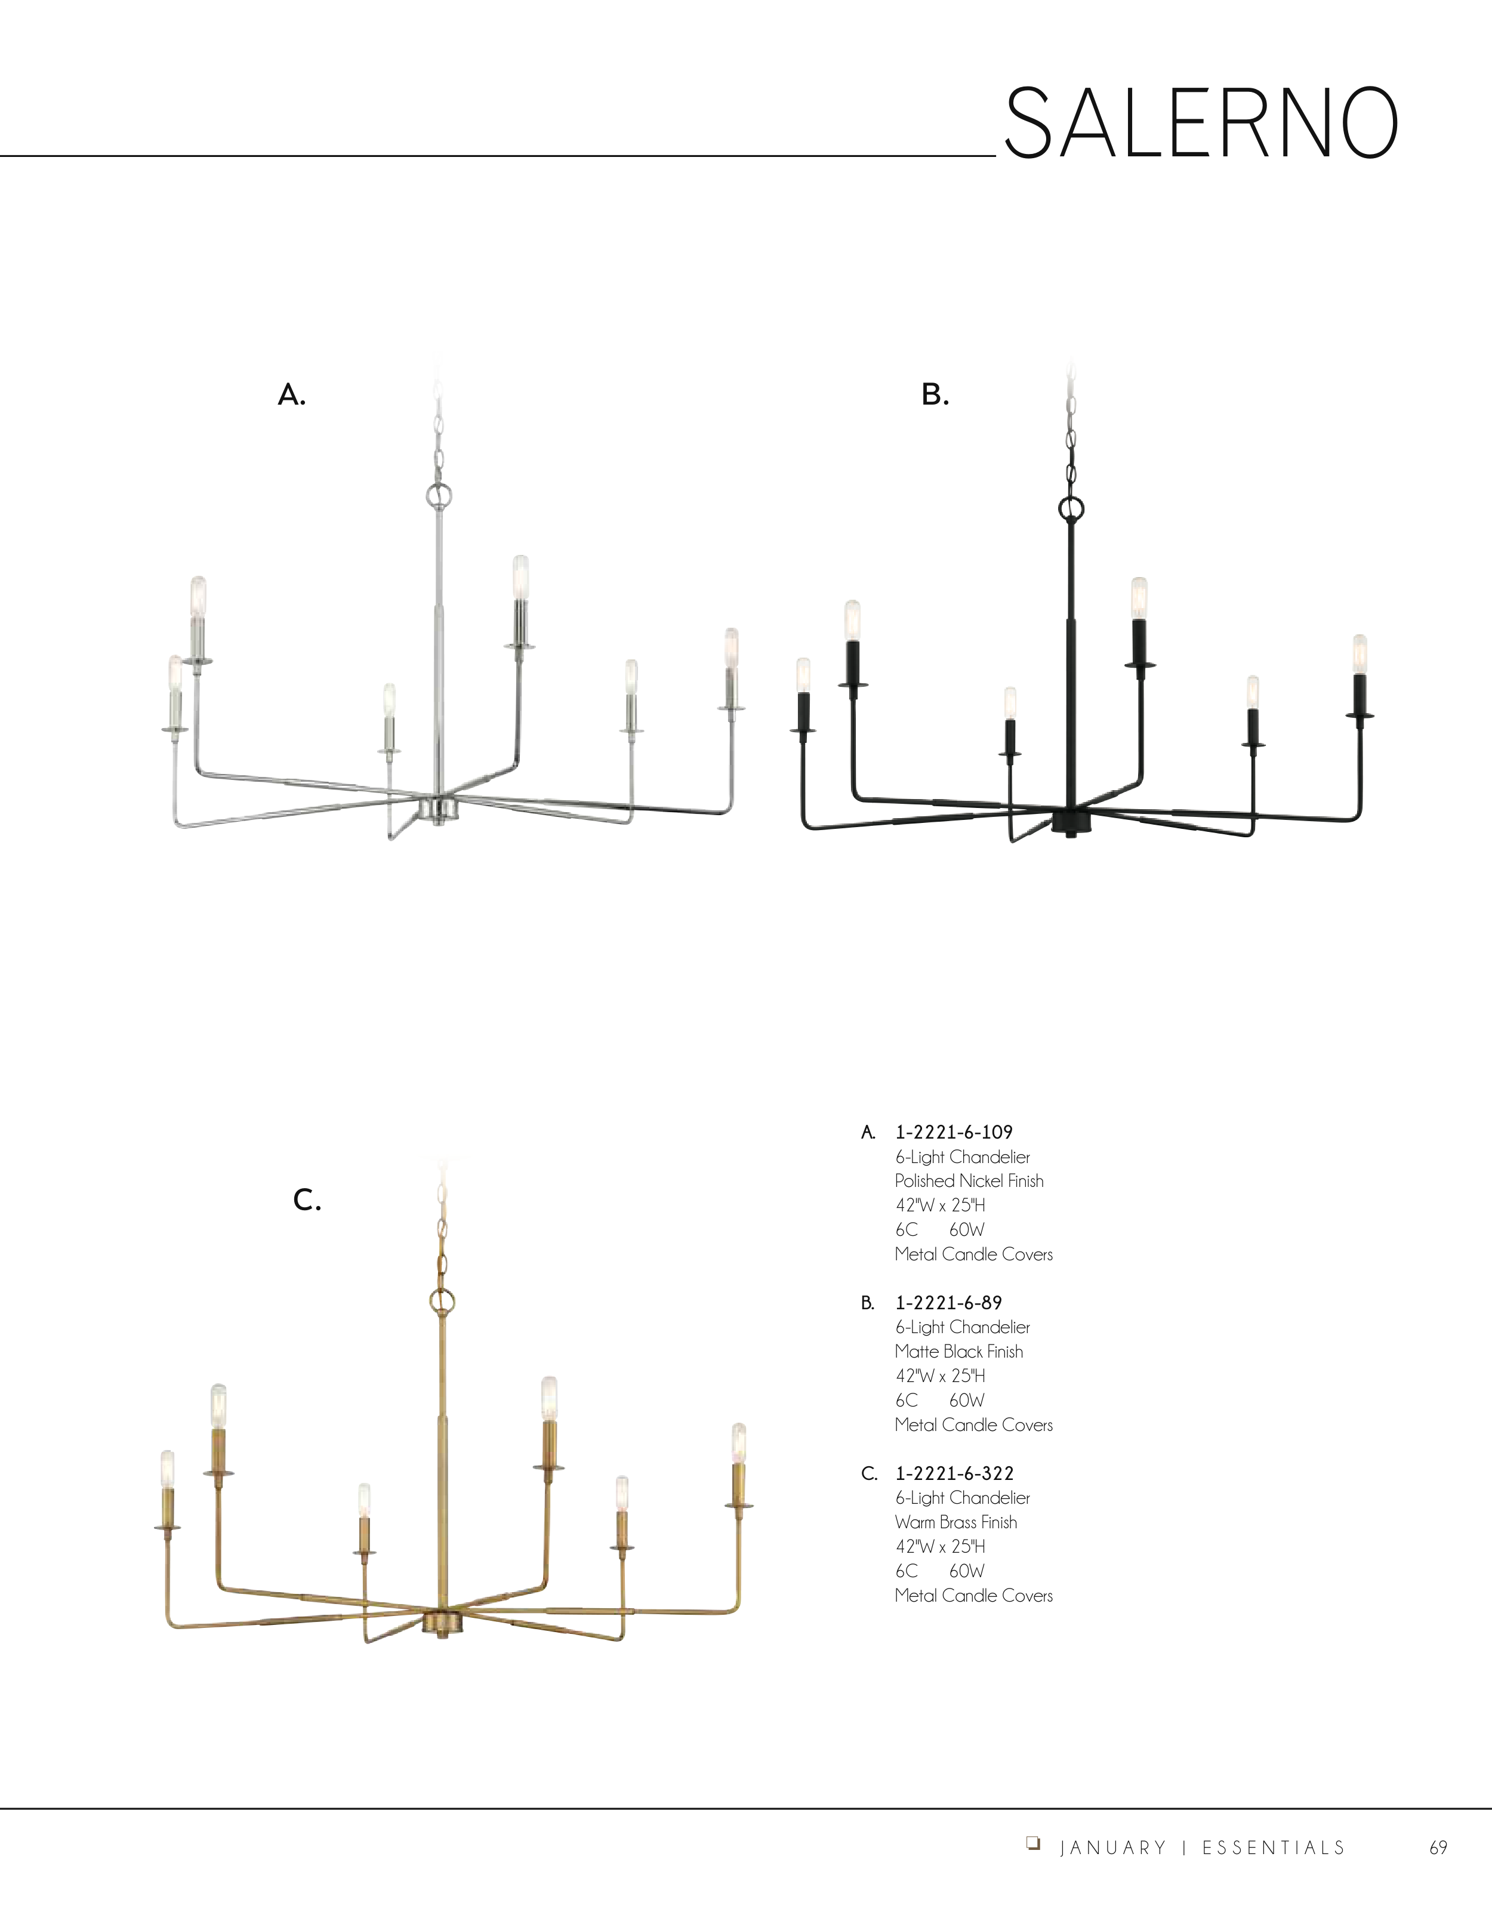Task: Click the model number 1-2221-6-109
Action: [x=954, y=1132]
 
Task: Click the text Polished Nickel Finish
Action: [x=969, y=1181]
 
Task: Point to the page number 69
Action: [x=1438, y=1848]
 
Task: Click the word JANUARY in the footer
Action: [x=1112, y=1848]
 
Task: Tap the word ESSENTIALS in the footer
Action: [x=1274, y=1848]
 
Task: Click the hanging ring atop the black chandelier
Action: [x=1071, y=508]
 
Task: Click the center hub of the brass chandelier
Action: [x=444, y=1623]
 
